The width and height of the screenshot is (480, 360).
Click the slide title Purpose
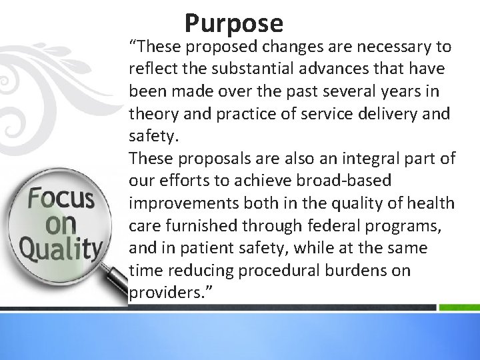[x=234, y=23]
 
